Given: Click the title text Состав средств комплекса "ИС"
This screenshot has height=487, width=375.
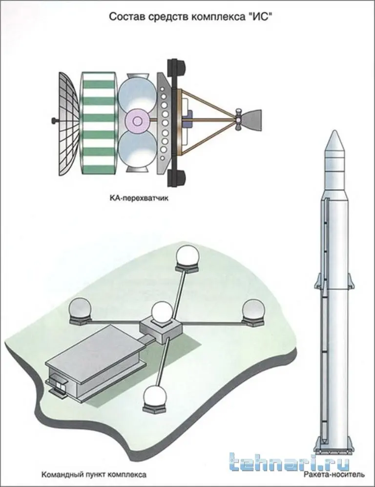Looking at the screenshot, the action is pos(188,17).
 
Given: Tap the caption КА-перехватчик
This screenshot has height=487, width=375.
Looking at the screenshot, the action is pos(139,198).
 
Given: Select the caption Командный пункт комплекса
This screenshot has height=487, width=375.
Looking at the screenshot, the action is pos(94,475).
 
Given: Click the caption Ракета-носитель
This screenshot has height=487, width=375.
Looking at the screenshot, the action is pos(334,475).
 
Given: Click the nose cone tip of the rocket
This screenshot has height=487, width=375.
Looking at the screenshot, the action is pos(334,131).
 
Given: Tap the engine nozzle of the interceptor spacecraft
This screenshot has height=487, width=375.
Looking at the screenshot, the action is pos(251,119).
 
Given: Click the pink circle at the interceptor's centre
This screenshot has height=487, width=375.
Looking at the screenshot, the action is pos(137,121).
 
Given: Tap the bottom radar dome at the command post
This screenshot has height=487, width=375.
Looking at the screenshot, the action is pos(154,397).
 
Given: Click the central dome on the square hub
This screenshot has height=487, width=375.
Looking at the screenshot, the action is pos(162,312).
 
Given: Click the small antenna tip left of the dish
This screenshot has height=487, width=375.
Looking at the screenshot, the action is pos(54,120).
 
